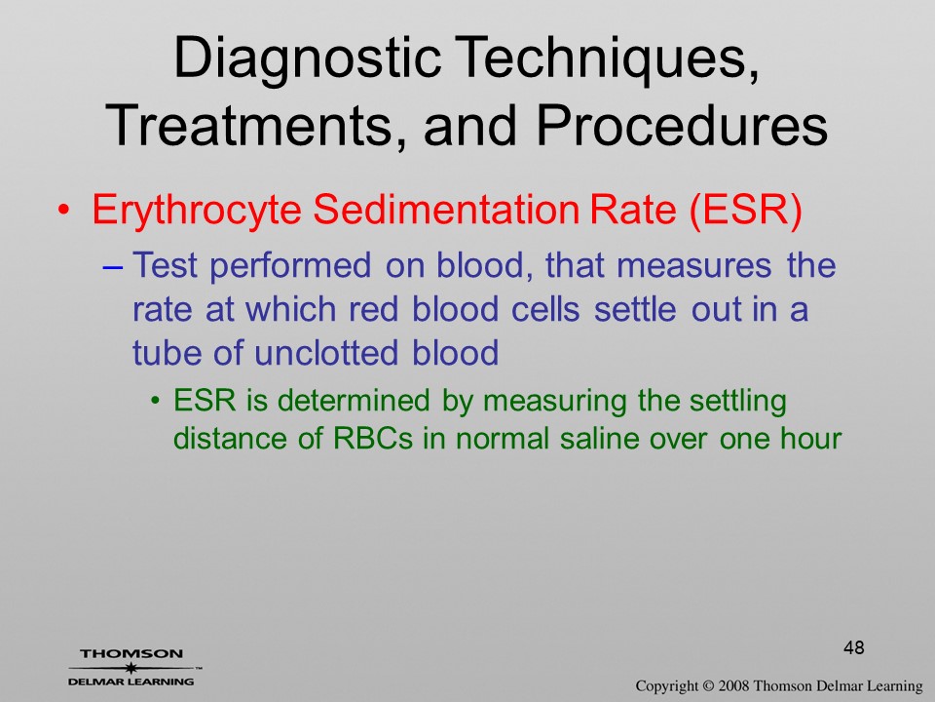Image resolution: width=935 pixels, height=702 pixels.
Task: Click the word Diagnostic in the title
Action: [307, 58]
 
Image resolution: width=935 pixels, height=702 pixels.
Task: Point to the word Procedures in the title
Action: [682, 125]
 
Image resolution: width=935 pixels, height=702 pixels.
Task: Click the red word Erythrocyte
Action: [196, 211]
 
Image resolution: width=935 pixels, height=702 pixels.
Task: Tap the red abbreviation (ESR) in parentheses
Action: [745, 211]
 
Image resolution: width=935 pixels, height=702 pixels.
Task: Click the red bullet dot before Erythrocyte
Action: [64, 211]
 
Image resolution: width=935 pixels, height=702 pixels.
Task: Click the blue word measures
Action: [693, 264]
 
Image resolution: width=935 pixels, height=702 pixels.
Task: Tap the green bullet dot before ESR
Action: [156, 401]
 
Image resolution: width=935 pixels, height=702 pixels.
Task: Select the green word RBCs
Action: [373, 438]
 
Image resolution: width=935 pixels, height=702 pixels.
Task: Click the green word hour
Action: [811, 438]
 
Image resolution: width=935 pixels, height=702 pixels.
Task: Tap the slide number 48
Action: [854, 647]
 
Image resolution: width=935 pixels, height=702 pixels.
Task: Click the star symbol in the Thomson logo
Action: [131, 667]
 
